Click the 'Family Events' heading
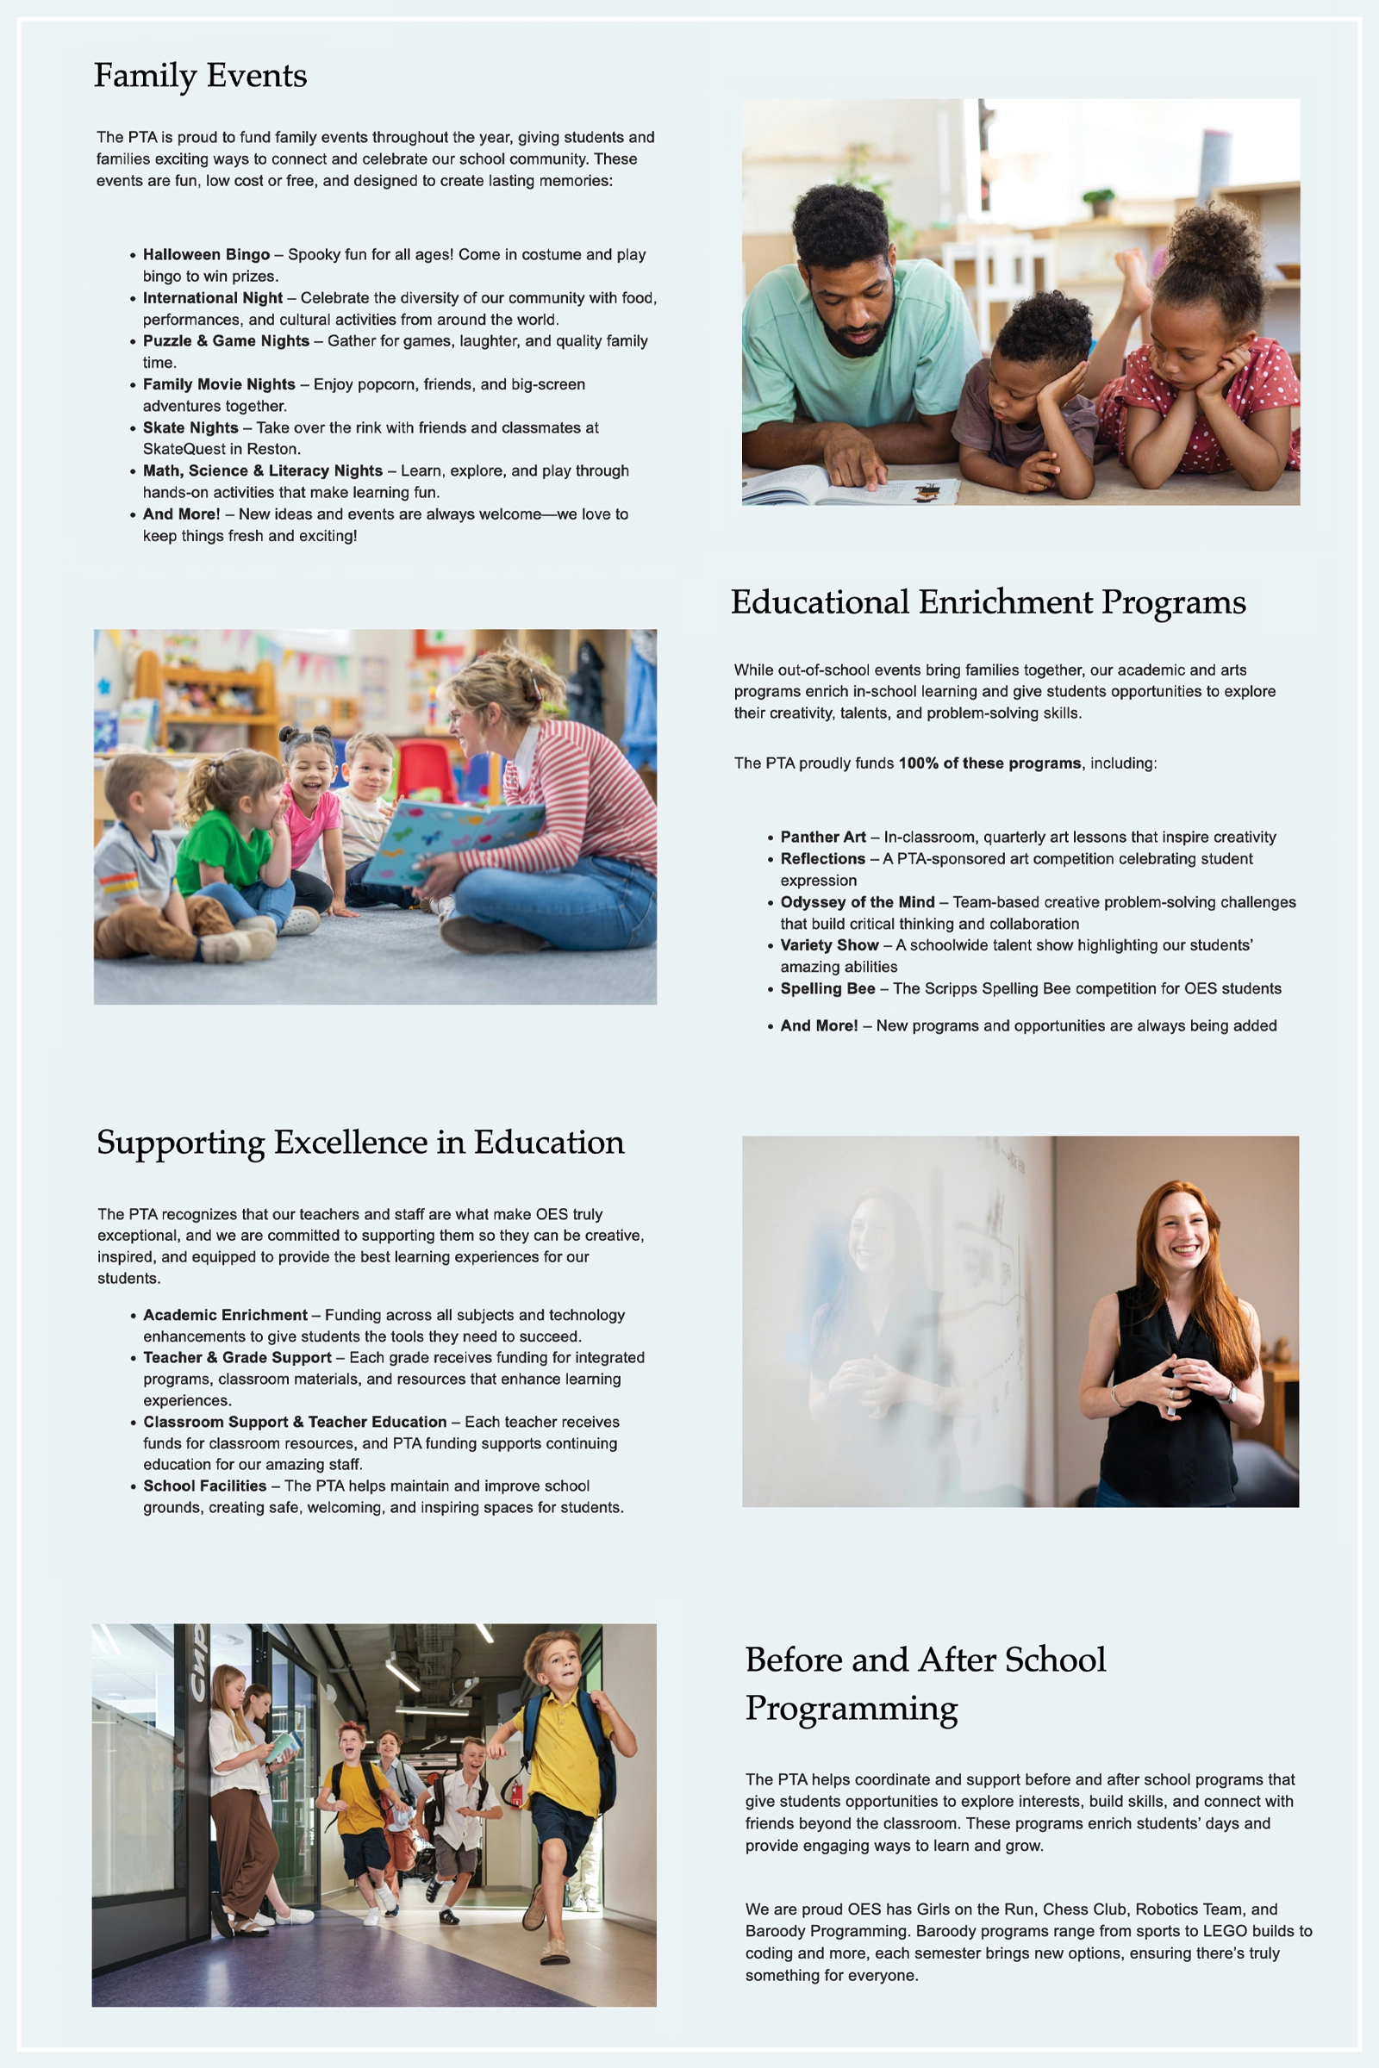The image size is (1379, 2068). pyautogui.click(x=201, y=76)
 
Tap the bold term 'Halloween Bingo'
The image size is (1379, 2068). pyautogui.click(x=206, y=254)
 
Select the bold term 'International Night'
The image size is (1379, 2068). pyautogui.click(x=213, y=298)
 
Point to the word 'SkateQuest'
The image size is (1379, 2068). pyautogui.click(x=184, y=449)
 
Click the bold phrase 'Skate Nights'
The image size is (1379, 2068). pyautogui.click(x=190, y=428)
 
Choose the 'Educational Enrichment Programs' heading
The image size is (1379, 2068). pyautogui.click(x=988, y=602)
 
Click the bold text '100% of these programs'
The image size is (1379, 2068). pyautogui.click(x=989, y=763)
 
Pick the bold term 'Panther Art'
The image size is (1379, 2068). pyautogui.click(x=823, y=837)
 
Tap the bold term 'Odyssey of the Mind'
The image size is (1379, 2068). pyautogui.click(x=858, y=902)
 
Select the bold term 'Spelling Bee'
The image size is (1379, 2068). pyautogui.click(x=827, y=988)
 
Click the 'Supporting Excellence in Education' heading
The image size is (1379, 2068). pyautogui.click(x=360, y=1143)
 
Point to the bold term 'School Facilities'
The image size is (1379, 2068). pyautogui.click(x=205, y=1486)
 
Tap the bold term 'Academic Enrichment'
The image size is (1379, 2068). pyautogui.click(x=225, y=1316)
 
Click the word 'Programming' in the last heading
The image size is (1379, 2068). pyautogui.click(x=852, y=1708)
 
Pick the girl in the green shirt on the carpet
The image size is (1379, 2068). pyautogui.click(x=231, y=844)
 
